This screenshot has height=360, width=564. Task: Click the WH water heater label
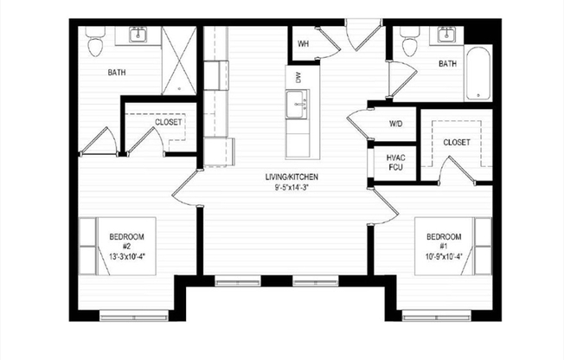(x=304, y=43)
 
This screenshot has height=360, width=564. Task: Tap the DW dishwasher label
(x=298, y=77)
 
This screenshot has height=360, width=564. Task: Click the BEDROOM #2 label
(x=126, y=241)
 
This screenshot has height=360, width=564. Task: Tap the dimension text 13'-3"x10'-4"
(x=126, y=255)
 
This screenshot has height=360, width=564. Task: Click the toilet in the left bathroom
(x=96, y=42)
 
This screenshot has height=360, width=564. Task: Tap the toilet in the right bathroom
(x=410, y=42)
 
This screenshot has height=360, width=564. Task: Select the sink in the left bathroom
(x=138, y=35)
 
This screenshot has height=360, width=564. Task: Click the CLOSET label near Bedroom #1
(x=456, y=141)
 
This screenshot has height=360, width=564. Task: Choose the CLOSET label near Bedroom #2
(x=168, y=122)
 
